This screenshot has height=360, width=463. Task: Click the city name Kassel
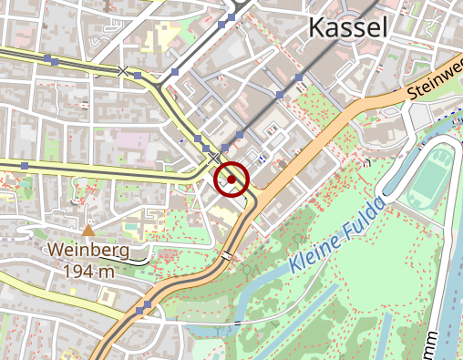348,27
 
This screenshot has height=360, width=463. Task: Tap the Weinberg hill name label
89,250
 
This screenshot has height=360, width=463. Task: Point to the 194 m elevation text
89,270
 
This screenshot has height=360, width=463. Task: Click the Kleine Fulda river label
335,239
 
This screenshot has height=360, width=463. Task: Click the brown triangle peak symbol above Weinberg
88,231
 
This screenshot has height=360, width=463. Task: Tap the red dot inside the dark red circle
231,180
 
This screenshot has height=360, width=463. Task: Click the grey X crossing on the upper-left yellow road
124,70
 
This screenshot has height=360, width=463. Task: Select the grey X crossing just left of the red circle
214,159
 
